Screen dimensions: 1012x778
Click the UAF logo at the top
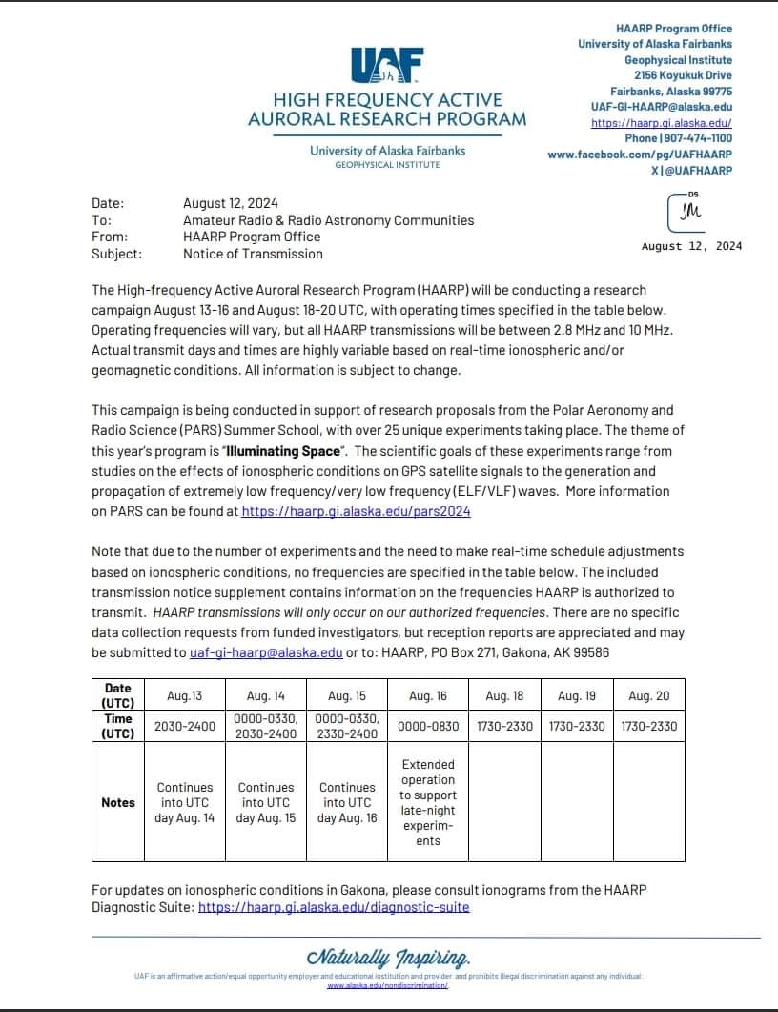tap(386, 68)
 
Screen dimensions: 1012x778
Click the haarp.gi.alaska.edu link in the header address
tap(662, 123)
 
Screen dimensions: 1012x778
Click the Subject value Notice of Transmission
tap(253, 254)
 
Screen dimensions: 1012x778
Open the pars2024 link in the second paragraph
tap(356, 511)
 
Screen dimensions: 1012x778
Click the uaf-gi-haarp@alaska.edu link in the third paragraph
tap(266, 652)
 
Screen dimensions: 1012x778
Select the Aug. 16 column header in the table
tap(428, 696)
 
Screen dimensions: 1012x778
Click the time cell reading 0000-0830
tap(428, 726)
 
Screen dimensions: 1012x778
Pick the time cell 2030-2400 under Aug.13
tap(185, 726)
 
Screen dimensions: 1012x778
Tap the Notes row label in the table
tap(118, 802)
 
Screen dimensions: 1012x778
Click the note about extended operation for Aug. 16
tap(428, 802)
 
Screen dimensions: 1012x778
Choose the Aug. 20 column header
tap(648, 696)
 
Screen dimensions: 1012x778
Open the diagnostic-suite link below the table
tap(334, 907)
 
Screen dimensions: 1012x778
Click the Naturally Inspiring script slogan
tap(388, 957)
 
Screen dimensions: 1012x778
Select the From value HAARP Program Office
tap(252, 237)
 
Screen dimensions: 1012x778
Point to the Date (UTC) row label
tap(118, 694)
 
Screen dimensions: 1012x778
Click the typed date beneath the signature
tap(691, 246)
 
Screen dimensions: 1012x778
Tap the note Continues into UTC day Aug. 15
tap(266, 803)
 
